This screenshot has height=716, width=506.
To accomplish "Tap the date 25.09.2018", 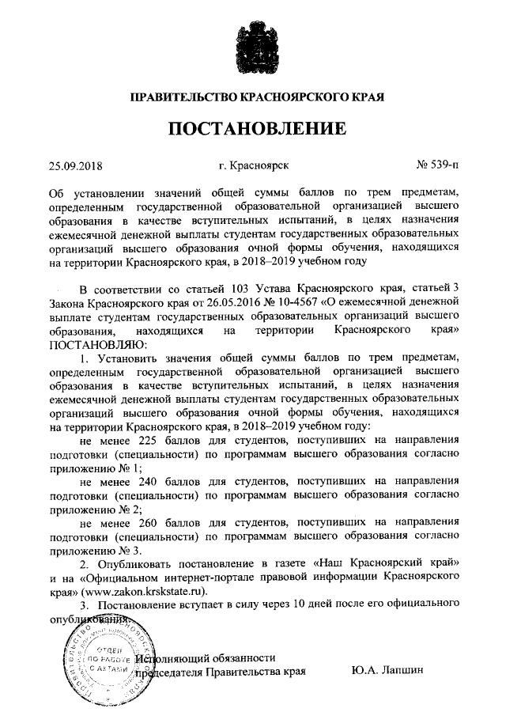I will pos(76,166).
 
